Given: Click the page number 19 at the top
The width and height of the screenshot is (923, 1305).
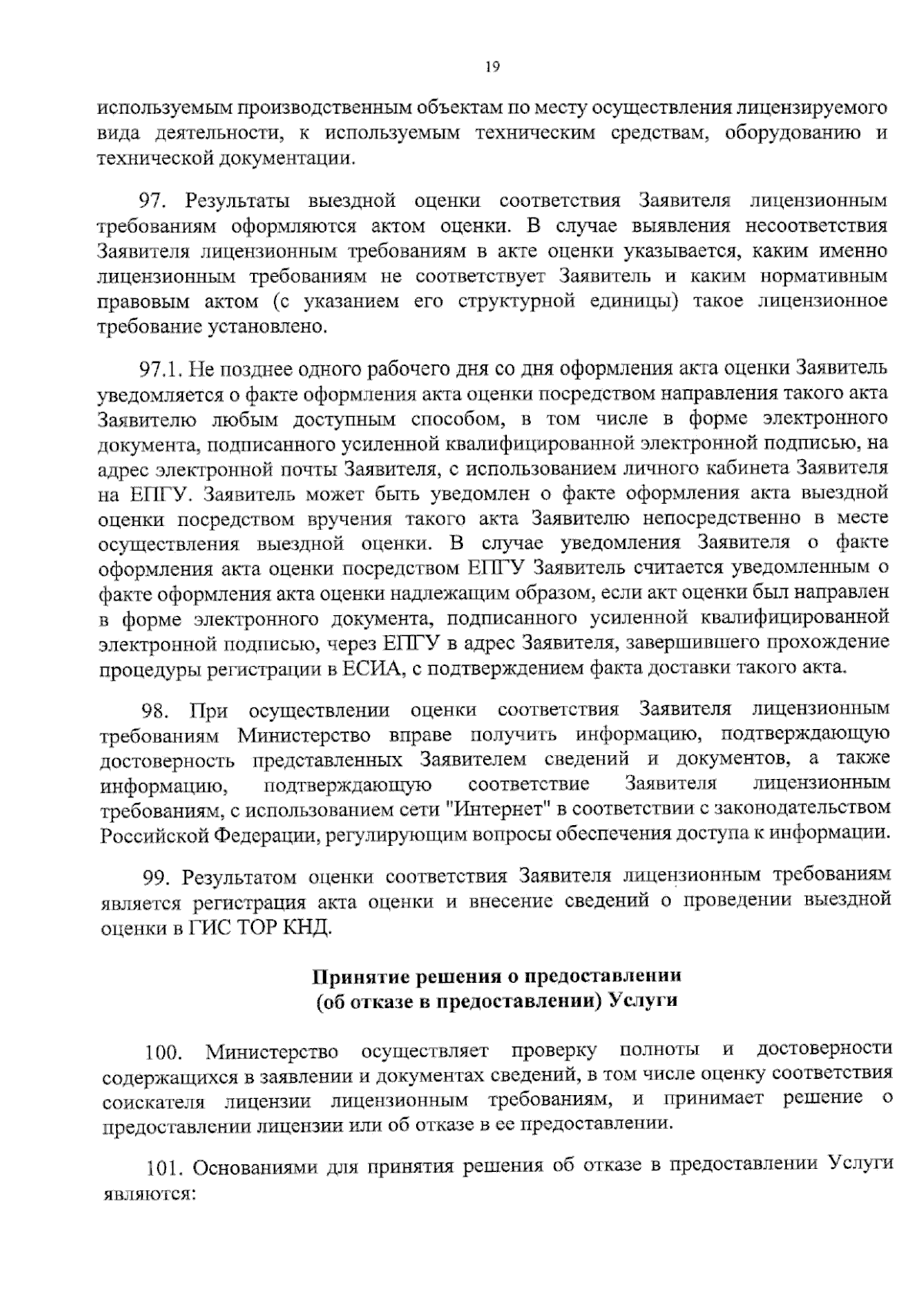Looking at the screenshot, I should pyautogui.click(x=492, y=67).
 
